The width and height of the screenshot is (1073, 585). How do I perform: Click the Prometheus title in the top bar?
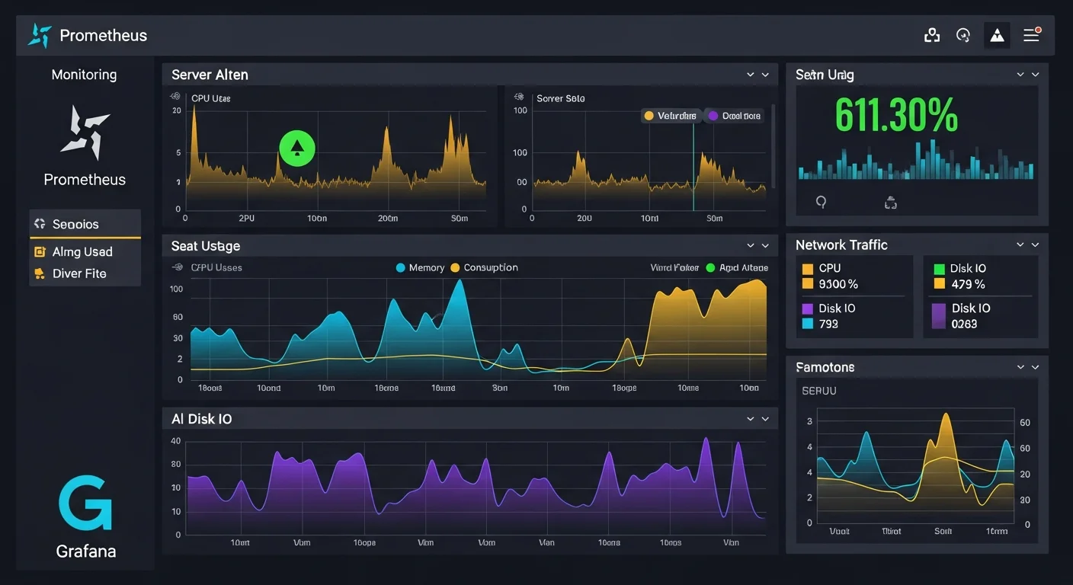(x=103, y=36)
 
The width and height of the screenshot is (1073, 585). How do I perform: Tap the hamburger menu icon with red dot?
(x=1032, y=35)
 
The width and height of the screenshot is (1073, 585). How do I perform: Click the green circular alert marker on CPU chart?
(x=297, y=148)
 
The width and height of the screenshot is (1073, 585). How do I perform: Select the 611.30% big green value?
(x=896, y=116)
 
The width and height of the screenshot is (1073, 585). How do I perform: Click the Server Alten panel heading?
(x=210, y=75)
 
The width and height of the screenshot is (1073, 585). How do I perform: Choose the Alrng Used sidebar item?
(x=82, y=252)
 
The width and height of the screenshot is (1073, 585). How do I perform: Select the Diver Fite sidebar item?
(x=78, y=273)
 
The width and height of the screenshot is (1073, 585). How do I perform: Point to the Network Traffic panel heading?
(x=841, y=245)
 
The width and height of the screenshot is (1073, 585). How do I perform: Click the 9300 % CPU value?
(x=838, y=284)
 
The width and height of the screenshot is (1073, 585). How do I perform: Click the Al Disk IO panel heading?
(x=201, y=419)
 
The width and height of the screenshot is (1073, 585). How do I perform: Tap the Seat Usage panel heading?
(x=205, y=246)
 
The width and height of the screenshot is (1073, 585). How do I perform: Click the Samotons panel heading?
(x=825, y=367)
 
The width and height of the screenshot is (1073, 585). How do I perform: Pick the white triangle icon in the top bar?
(x=997, y=36)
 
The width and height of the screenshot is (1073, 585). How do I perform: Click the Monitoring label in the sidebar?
(x=84, y=75)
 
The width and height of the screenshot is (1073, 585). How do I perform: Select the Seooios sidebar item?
(x=75, y=224)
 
